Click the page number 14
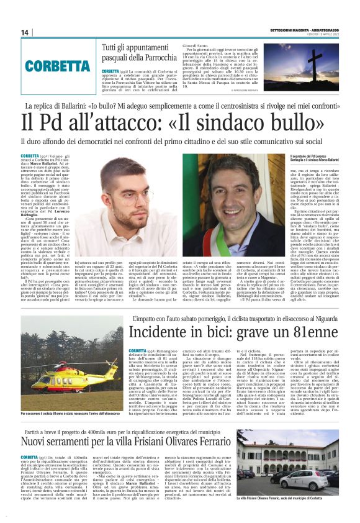[x=25, y=32]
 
